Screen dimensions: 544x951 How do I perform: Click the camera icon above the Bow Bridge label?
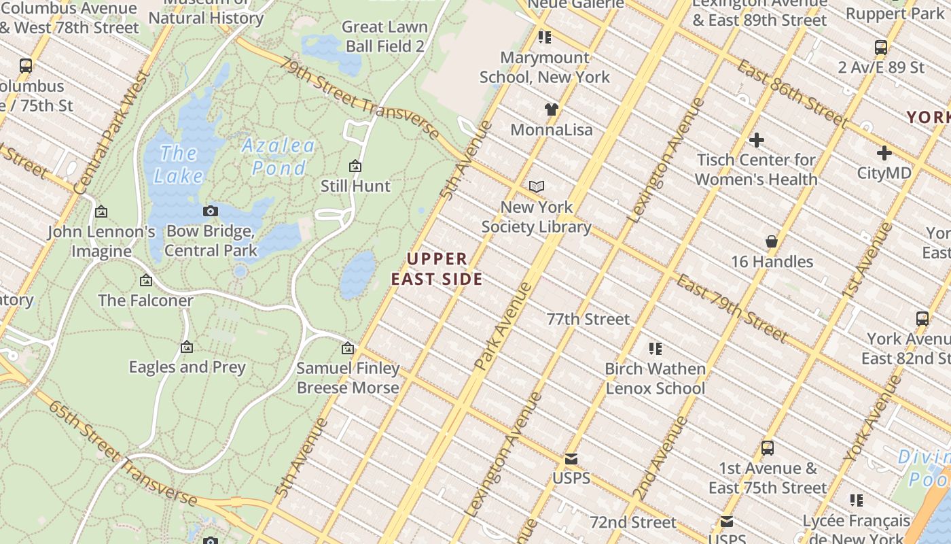tap(211, 211)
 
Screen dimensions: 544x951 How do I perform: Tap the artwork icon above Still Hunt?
tap(355, 166)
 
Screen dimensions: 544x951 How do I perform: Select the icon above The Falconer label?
tap(145, 280)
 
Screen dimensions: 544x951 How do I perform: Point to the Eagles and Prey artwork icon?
tap(187, 347)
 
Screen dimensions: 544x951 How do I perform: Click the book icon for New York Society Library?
tap(537, 186)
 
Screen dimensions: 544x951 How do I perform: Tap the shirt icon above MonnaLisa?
tap(551, 109)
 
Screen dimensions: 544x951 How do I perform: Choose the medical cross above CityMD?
tap(884, 153)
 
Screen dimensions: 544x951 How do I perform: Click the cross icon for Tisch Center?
tap(756, 140)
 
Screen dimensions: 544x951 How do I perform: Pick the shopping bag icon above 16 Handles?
tap(772, 241)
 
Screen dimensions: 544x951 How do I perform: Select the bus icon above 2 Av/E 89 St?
tap(881, 48)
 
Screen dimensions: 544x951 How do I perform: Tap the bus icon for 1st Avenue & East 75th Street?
tap(768, 448)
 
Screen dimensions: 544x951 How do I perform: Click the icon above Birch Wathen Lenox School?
tap(656, 349)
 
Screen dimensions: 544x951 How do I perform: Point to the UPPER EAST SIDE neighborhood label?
tap(437, 269)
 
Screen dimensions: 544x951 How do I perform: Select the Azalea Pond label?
tap(279, 156)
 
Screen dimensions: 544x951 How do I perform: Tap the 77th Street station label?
tap(588, 319)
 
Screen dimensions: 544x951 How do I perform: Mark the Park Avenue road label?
tap(503, 326)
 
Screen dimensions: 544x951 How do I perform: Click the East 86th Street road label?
tap(792, 94)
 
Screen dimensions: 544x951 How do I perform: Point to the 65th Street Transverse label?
tap(122, 453)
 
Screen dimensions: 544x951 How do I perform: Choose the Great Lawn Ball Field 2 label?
tap(385, 37)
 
